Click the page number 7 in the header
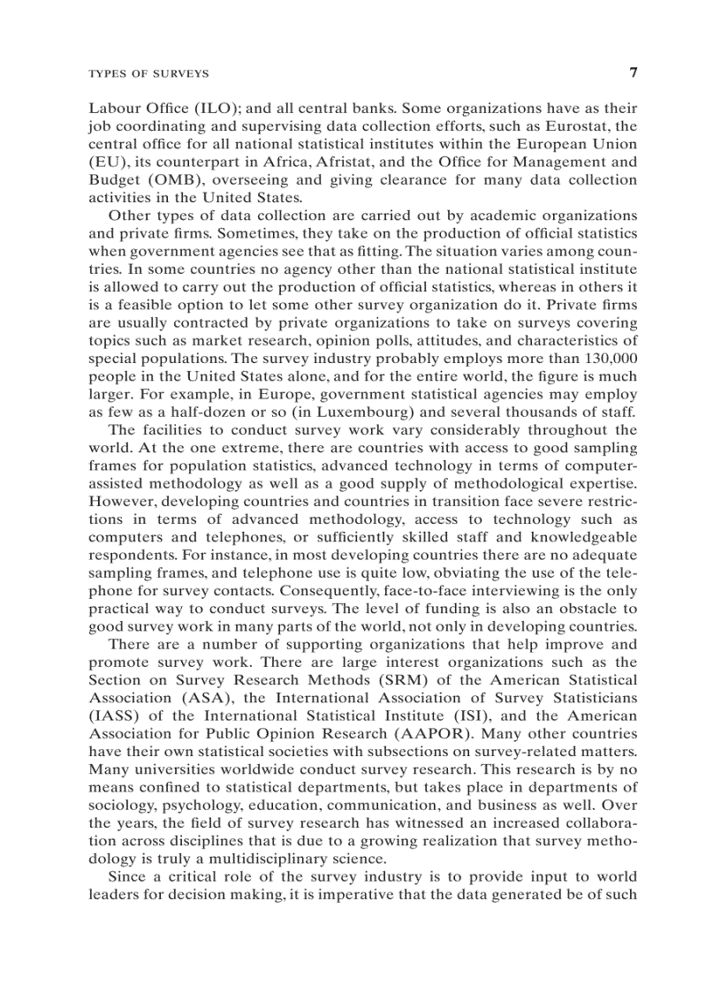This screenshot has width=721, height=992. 632,72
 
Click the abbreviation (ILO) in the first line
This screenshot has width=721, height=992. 216,109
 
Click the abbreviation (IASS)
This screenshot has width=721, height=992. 116,716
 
